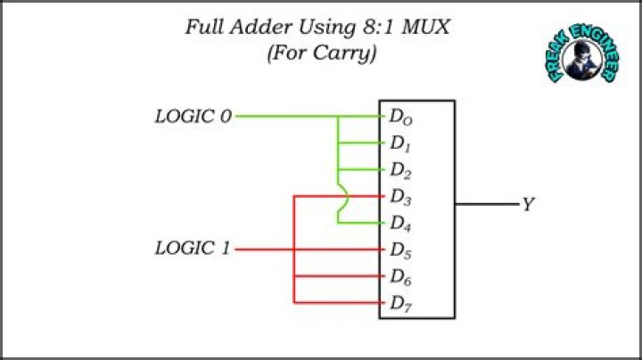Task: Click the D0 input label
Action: point(400,117)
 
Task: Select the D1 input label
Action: point(400,143)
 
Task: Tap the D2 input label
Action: point(400,169)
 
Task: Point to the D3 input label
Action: point(400,196)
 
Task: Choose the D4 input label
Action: point(400,223)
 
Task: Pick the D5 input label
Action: point(400,250)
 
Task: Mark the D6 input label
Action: point(400,276)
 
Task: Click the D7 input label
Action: point(400,303)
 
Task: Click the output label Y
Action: point(528,206)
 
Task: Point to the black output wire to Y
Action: point(487,205)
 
